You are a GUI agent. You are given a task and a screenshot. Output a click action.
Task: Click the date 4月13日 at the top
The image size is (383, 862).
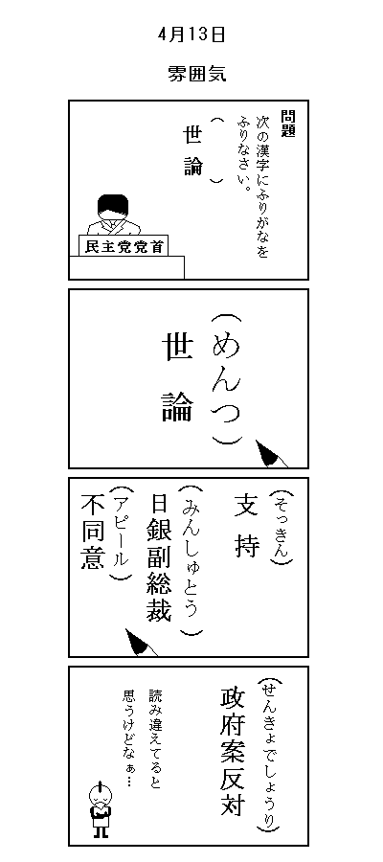tap(191, 34)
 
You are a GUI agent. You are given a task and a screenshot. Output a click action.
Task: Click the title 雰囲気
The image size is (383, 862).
tap(196, 74)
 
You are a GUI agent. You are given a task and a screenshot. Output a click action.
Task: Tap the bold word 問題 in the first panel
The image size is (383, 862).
tap(287, 124)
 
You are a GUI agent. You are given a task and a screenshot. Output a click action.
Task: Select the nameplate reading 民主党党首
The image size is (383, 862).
tap(124, 247)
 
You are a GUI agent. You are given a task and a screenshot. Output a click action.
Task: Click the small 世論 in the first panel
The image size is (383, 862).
tap(192, 149)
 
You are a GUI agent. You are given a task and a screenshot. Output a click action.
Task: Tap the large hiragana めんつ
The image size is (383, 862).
tap(226, 380)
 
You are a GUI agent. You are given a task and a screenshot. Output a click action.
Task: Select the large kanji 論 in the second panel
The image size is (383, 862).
tap(177, 407)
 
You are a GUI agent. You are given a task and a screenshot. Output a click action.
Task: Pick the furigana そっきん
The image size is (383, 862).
tap(282, 526)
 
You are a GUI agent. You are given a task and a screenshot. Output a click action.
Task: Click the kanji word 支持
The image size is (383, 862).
tap(247, 525)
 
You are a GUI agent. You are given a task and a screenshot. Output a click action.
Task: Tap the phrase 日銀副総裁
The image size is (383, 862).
tap(159, 558)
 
